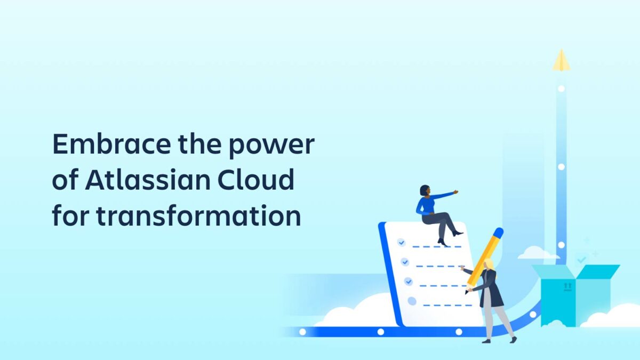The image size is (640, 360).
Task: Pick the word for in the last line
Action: (69, 216)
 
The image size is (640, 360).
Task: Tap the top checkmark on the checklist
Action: (401, 243)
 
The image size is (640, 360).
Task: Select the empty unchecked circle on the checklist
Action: (412, 301)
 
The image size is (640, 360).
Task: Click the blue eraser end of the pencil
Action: (498, 233)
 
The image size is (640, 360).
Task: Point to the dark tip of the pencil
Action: (467, 292)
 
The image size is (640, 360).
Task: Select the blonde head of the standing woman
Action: (489, 264)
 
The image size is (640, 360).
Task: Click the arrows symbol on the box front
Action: (567, 287)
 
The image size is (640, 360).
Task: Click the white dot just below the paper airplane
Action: (561, 89)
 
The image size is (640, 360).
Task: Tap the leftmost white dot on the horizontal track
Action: (302, 332)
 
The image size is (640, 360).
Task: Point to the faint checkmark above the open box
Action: (582, 259)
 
